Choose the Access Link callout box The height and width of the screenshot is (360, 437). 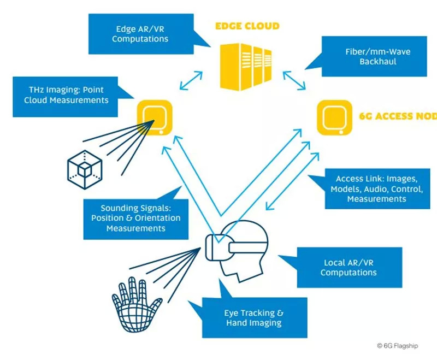[x=377, y=189]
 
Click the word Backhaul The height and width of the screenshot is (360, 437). [x=377, y=62]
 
